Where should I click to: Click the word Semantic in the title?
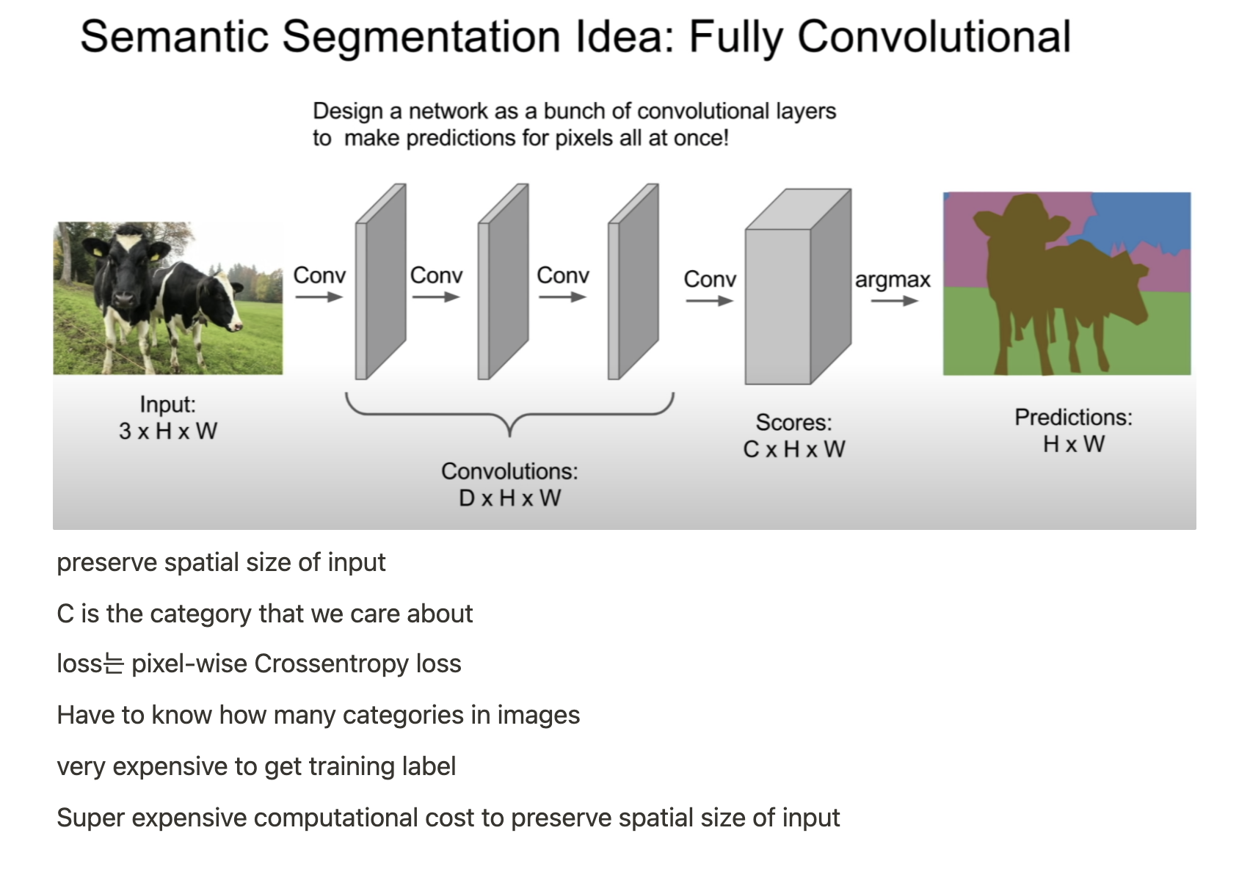175,37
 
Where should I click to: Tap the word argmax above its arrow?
892,280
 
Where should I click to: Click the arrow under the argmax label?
894,301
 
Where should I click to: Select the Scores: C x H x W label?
793,436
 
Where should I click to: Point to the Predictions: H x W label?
1073,431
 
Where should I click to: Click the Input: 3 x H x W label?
167,418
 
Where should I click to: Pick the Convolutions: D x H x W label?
509,484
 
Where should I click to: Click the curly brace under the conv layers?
509,414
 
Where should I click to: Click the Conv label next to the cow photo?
319,275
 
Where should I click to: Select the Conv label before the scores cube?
710,279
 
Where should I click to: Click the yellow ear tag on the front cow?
98,252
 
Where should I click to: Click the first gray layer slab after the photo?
380,283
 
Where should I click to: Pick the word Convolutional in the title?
934,37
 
